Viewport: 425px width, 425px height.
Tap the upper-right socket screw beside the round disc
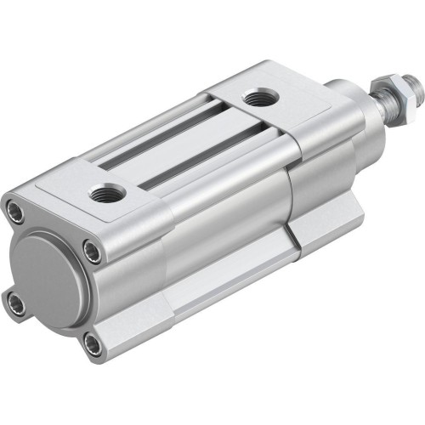click(92, 251)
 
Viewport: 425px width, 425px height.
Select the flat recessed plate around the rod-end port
click(280, 106)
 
